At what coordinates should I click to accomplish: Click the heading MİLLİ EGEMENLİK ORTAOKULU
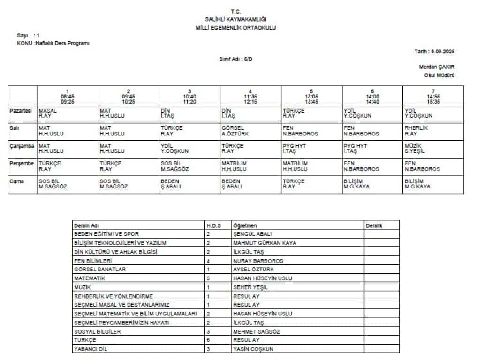[235, 28]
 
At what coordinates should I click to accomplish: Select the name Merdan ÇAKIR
[436, 67]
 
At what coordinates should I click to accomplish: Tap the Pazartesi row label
[21, 111]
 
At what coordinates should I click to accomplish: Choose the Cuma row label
[17, 181]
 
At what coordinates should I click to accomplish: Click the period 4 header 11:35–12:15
[250, 96]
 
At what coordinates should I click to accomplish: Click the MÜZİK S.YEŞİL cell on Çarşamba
[415, 149]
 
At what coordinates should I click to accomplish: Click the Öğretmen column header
[245, 225]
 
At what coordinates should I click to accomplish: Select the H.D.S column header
[213, 225]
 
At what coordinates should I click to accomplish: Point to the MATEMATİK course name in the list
[90, 278]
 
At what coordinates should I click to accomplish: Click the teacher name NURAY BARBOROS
[258, 261]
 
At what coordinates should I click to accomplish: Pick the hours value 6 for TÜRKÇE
[208, 340]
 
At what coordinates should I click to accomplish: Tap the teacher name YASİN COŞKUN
[253, 349]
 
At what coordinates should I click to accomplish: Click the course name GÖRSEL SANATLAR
[100, 270]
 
